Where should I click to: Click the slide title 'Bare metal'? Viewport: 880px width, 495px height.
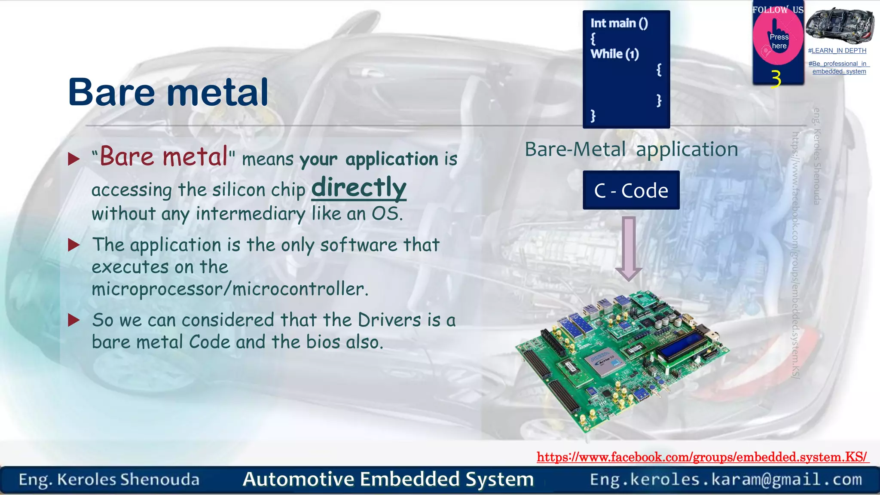(x=168, y=92)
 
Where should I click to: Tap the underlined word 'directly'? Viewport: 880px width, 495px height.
(x=359, y=188)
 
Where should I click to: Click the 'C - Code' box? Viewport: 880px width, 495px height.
(x=631, y=190)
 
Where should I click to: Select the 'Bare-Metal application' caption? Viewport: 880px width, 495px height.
(x=631, y=150)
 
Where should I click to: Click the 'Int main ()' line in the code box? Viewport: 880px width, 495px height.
(x=619, y=23)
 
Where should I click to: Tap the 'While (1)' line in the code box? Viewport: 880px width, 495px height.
(x=614, y=54)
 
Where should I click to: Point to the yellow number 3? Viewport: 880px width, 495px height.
(x=776, y=79)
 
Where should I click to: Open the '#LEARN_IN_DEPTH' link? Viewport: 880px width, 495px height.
(x=837, y=51)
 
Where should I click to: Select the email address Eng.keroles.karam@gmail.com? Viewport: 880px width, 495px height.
(x=726, y=480)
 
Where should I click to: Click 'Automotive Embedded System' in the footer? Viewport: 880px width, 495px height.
(x=388, y=480)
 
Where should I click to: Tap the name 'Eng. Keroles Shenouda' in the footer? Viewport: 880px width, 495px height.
(x=109, y=480)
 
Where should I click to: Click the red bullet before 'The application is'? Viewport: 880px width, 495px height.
(x=74, y=245)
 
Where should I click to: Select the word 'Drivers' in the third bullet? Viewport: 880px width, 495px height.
(x=389, y=320)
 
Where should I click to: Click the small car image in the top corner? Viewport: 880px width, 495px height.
(x=840, y=25)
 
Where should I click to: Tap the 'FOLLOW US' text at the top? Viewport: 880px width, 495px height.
(x=778, y=9)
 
